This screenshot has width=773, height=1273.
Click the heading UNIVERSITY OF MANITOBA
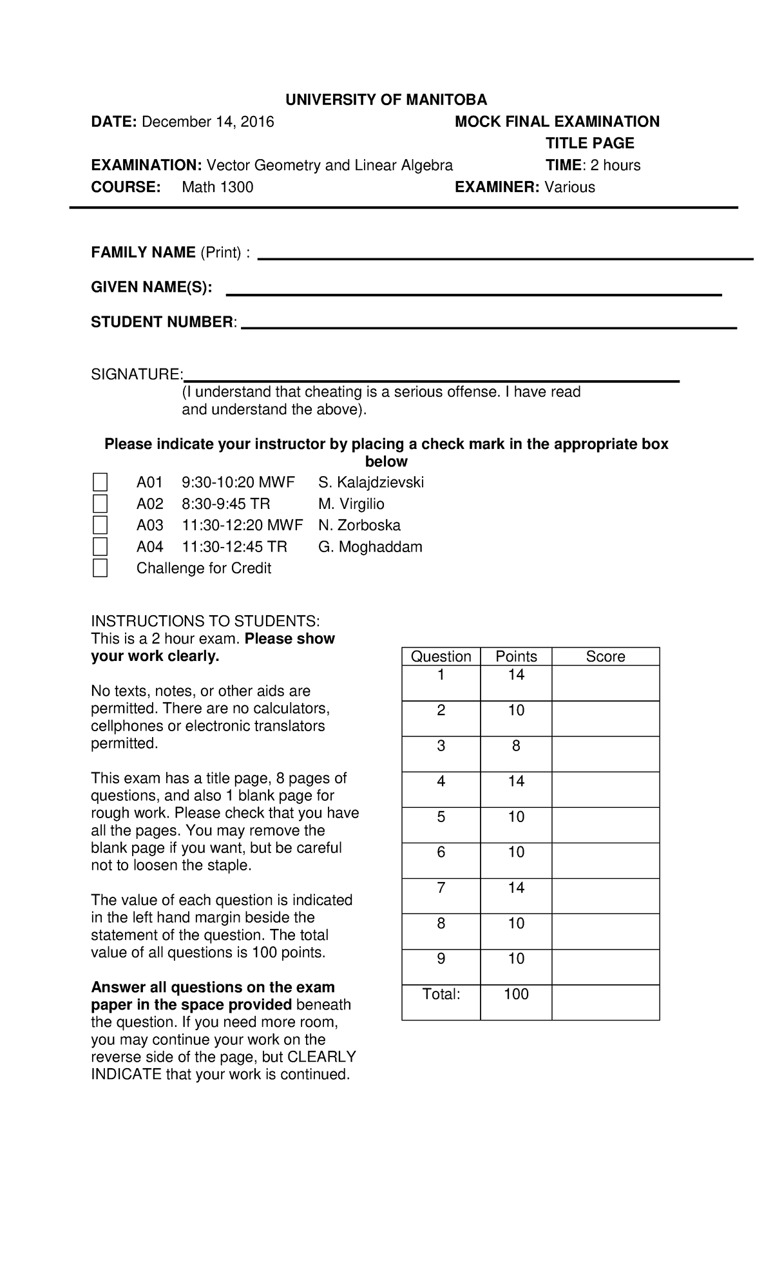386,100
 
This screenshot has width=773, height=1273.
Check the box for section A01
100,482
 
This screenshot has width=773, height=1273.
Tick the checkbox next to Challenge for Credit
100,568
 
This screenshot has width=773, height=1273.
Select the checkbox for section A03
100,525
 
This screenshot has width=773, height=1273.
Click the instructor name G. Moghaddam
370,547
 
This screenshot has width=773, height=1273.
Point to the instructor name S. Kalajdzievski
371,482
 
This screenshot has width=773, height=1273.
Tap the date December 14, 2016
207,122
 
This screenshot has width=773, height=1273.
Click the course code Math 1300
217,187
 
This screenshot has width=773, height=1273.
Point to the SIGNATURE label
137,374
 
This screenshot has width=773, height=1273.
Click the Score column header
605,656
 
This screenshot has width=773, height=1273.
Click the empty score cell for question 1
605,683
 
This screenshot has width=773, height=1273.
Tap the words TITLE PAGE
589,143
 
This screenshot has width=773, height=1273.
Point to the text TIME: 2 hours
593,166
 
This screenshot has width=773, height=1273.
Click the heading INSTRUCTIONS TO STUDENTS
205,621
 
